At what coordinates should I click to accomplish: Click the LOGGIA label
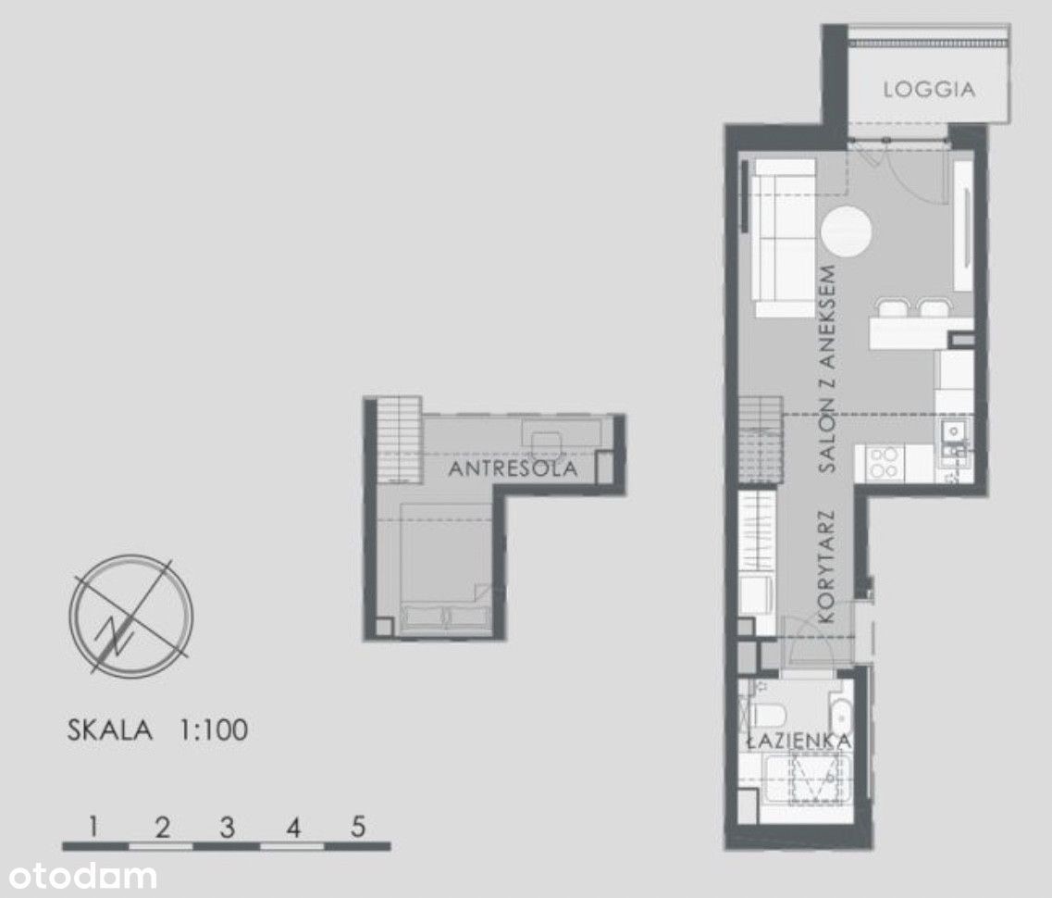(x=929, y=90)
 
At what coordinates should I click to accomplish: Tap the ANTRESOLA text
(x=513, y=468)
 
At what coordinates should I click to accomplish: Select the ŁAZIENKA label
(x=799, y=741)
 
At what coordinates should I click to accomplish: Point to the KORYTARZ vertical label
(x=826, y=567)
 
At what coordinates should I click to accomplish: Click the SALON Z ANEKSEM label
(x=828, y=369)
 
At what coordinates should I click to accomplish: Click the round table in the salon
(x=847, y=231)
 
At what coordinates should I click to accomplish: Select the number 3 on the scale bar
(x=228, y=827)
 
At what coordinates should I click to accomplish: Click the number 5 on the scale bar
(x=358, y=827)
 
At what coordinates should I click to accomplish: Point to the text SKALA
(x=110, y=730)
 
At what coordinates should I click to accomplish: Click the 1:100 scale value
(x=214, y=730)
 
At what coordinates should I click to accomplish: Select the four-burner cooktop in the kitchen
(x=883, y=462)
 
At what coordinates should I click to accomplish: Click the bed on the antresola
(x=445, y=567)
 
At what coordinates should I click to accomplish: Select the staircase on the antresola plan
(x=399, y=440)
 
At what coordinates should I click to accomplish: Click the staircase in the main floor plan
(x=761, y=440)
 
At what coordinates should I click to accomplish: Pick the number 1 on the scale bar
(x=94, y=827)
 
